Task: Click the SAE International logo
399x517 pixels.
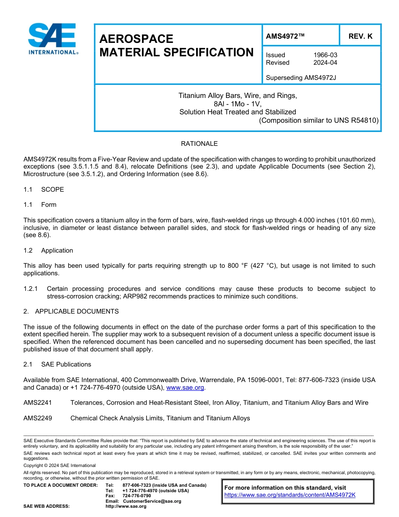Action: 52,39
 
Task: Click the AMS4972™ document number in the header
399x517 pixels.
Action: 285,36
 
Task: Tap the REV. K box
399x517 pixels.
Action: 360,36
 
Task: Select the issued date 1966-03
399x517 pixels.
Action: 325,55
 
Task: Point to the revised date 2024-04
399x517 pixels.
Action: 325,63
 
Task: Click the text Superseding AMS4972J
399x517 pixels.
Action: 301,78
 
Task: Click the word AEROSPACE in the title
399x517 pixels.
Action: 136,39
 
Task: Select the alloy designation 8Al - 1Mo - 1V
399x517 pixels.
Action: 238,104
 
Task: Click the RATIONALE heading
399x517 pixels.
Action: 199,144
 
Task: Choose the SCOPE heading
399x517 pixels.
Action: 52,190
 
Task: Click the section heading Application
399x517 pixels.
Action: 57,251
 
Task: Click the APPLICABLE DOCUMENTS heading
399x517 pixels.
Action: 76,311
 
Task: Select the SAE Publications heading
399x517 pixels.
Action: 66,364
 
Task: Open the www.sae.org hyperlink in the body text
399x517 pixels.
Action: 186,388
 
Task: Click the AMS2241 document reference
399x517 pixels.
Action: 38,403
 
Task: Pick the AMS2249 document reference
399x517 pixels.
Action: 38,418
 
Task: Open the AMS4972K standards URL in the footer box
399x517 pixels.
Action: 290,495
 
